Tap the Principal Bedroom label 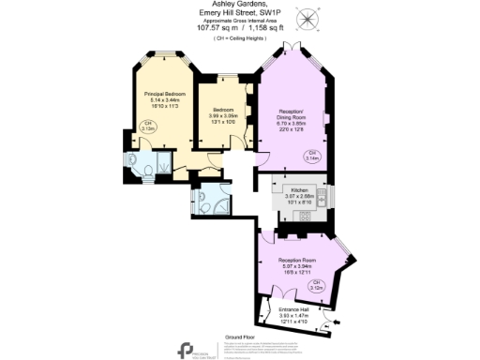click(164, 94)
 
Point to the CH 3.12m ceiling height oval click(317, 284)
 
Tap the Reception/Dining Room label click(292, 113)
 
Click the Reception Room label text click(296, 259)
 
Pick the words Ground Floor click(240, 336)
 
